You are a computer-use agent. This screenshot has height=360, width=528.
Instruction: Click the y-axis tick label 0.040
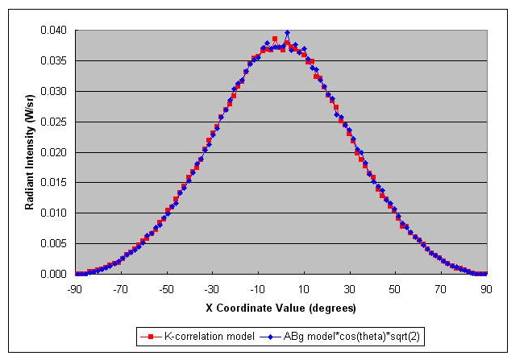53,31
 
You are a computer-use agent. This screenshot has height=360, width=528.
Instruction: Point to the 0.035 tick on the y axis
53,60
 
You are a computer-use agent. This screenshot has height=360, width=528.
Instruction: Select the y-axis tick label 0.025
53,122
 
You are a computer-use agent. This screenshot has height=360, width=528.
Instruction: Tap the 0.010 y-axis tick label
53,213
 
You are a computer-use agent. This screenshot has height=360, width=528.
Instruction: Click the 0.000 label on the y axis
53,274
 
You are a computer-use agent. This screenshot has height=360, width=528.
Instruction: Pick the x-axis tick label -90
74,289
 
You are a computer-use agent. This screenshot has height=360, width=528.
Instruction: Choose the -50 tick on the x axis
166,289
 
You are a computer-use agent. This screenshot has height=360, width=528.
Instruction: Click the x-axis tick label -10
258,289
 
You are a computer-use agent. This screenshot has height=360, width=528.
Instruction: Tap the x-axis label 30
350,289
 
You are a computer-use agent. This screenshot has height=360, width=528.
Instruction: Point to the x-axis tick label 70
441,289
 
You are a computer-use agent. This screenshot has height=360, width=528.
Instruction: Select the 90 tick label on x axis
486,289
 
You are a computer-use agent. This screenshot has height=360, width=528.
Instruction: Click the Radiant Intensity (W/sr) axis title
30,152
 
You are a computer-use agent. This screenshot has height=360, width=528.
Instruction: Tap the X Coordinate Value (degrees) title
281,308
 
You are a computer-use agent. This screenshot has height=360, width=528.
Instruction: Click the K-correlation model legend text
209,336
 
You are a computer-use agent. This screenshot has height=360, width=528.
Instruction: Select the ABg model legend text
351,336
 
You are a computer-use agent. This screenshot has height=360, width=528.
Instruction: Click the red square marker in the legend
151,337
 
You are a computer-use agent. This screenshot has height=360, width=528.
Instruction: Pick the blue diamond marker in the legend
270,337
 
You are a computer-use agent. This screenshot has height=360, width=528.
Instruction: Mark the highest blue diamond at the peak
287,33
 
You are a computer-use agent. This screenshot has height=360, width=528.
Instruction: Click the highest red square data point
275,39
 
